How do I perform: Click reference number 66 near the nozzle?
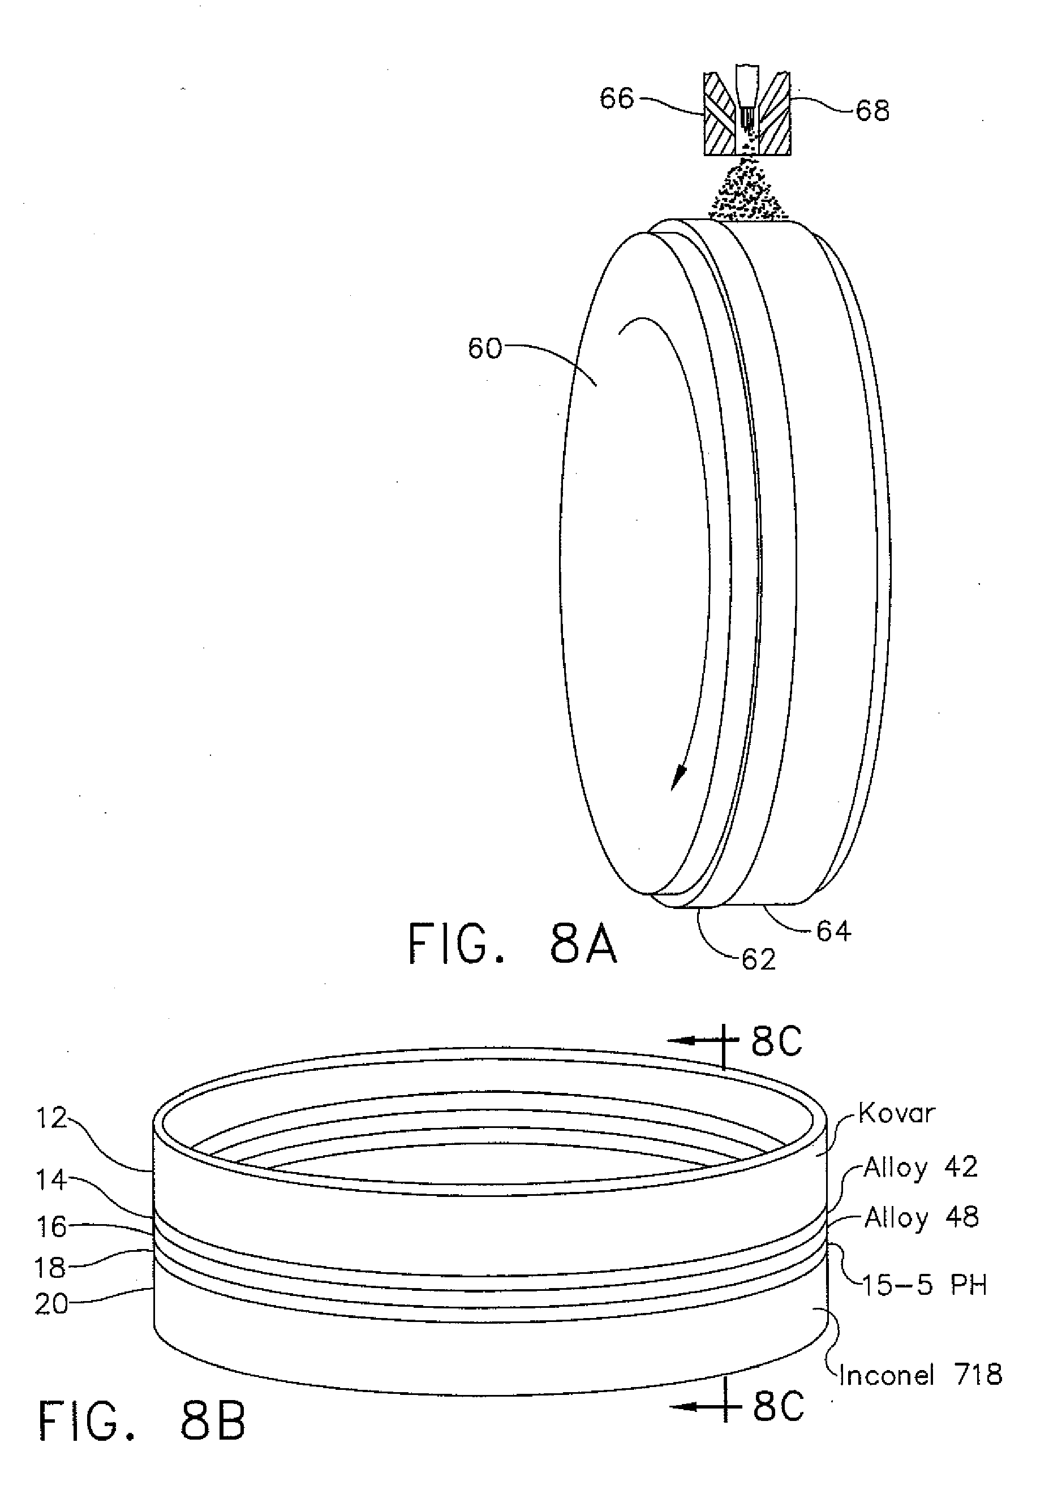pos(617,99)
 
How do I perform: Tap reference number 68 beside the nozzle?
pos(872,111)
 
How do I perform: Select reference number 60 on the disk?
pos(484,349)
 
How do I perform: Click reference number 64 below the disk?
pos(833,931)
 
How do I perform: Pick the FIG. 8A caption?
pos(512,944)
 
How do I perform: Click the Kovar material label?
pos(896,1113)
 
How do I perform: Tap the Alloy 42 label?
pos(920,1167)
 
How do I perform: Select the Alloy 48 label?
pos(921,1217)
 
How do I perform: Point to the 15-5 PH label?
pos(924,1286)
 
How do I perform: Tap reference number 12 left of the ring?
pos(51,1118)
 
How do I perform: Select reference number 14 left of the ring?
pos(51,1180)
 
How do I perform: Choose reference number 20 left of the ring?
pos(51,1304)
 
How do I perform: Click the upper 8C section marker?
pos(776,1041)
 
